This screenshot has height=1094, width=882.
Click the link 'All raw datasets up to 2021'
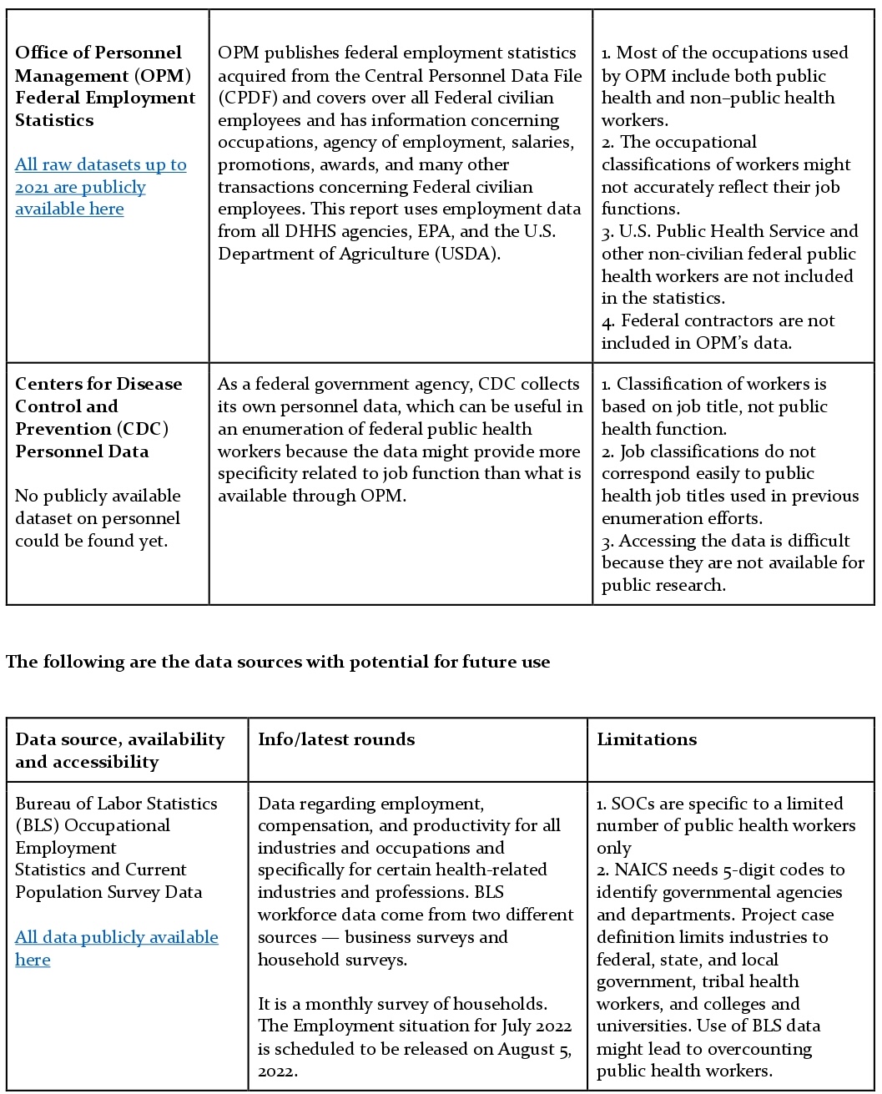100,165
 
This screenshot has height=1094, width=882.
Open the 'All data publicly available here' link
116,938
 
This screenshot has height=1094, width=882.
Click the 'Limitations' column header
646,739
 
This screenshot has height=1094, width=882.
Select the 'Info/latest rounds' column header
335,739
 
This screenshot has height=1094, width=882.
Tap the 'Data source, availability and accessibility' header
119,750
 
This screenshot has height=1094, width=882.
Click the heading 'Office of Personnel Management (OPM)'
103,64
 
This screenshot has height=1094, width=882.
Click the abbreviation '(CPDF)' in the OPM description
247,98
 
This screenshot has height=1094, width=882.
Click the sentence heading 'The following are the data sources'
277,662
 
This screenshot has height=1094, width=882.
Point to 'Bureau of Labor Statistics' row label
116,804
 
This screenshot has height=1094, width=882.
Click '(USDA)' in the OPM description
467,254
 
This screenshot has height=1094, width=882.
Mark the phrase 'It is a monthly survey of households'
402,1004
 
